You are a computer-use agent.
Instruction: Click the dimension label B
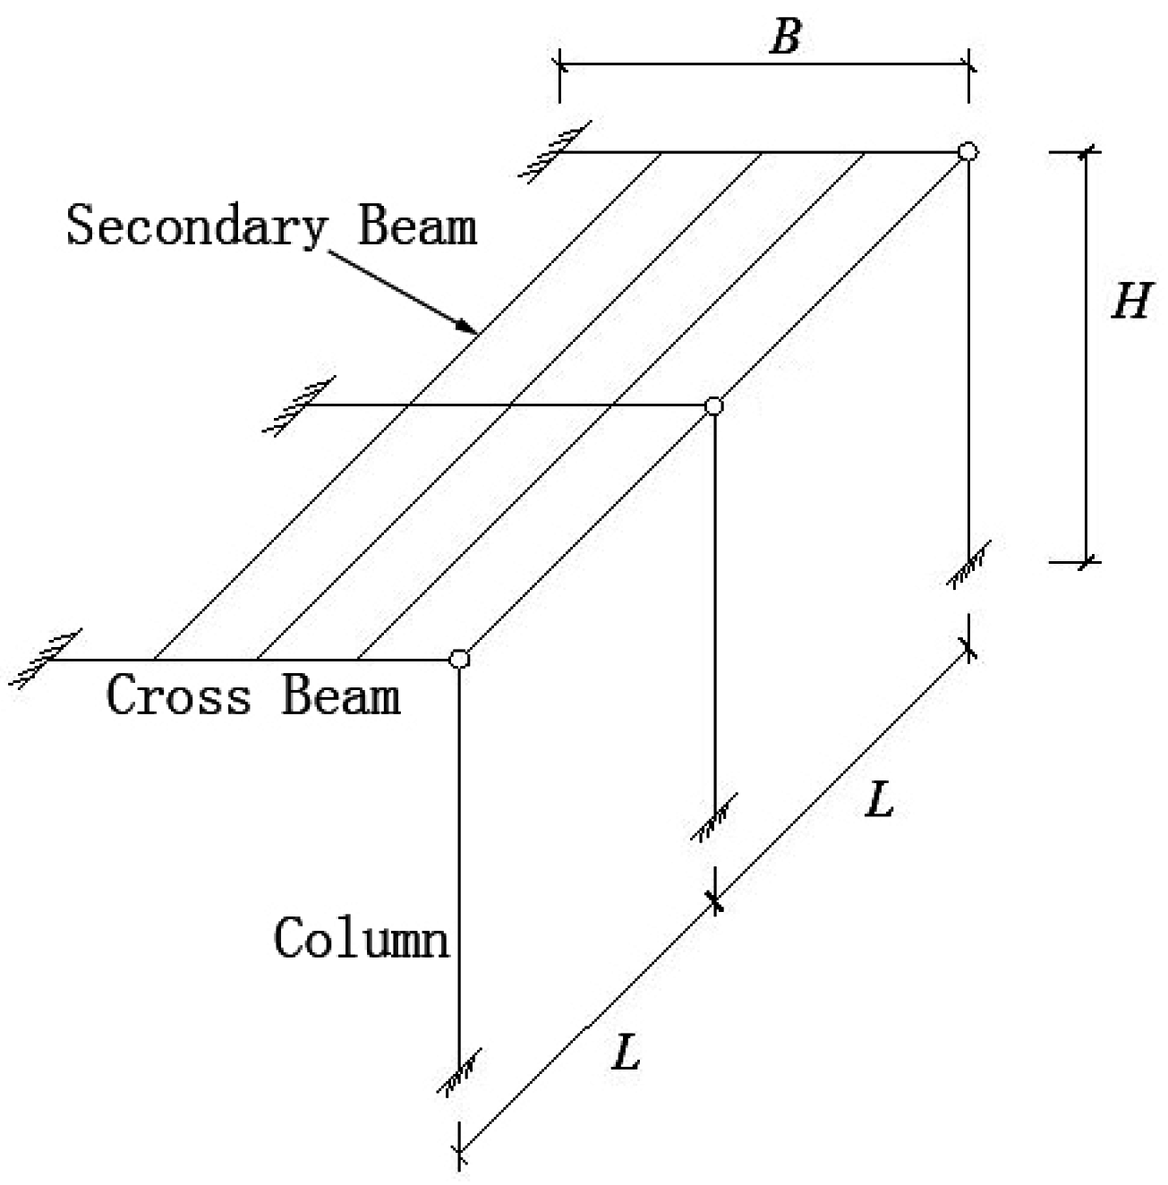785,38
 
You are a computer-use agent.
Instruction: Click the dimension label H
1130,302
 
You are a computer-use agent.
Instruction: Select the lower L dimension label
626,1053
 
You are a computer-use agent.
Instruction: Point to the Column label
361,939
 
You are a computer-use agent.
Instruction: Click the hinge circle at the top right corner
968,151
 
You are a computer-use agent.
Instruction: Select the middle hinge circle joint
713,405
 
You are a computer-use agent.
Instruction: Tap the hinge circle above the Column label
459,660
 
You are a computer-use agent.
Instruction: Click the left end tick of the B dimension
560,64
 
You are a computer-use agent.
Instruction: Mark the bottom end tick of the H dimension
1087,562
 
